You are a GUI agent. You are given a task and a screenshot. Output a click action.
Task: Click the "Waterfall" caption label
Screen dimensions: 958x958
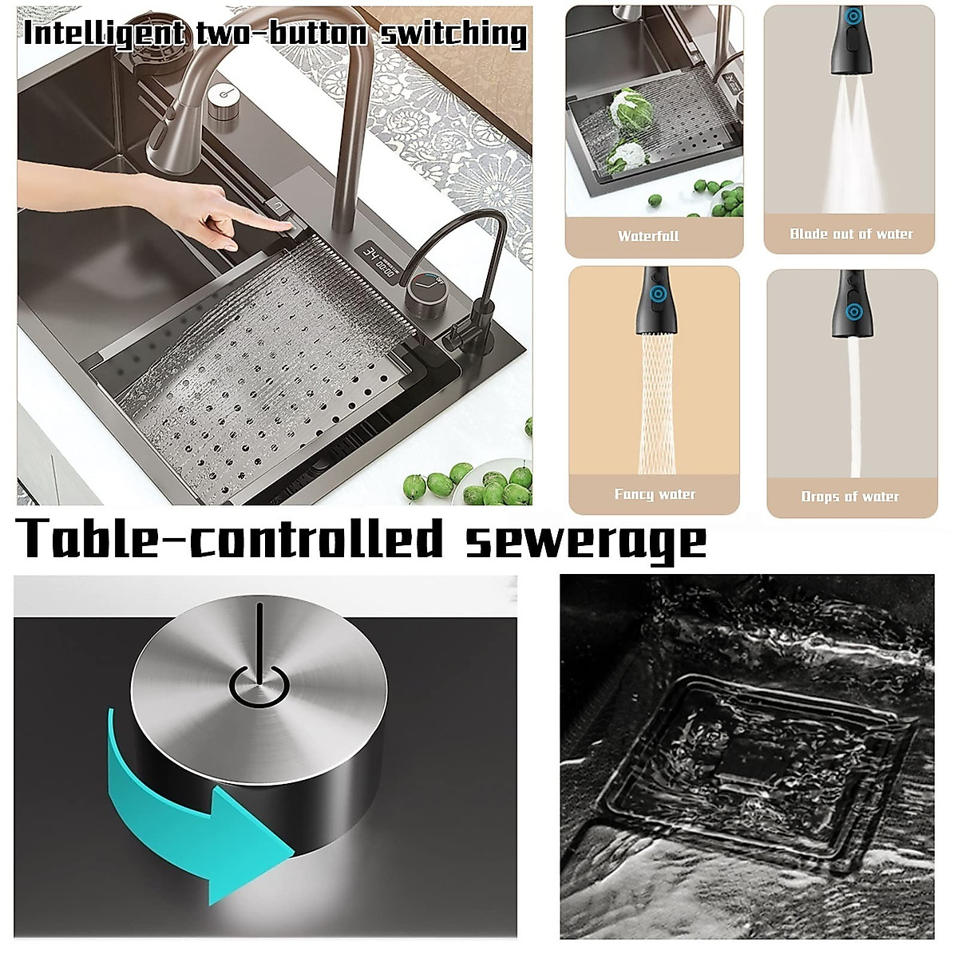pyautogui.click(x=648, y=236)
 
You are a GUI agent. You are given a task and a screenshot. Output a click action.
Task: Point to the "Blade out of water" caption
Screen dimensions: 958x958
pyautogui.click(x=851, y=234)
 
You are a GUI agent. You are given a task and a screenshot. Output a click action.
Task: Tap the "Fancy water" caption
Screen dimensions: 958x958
pyautogui.click(x=655, y=494)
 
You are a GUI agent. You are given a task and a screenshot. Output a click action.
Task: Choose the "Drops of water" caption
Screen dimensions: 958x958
pyautogui.click(x=850, y=497)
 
